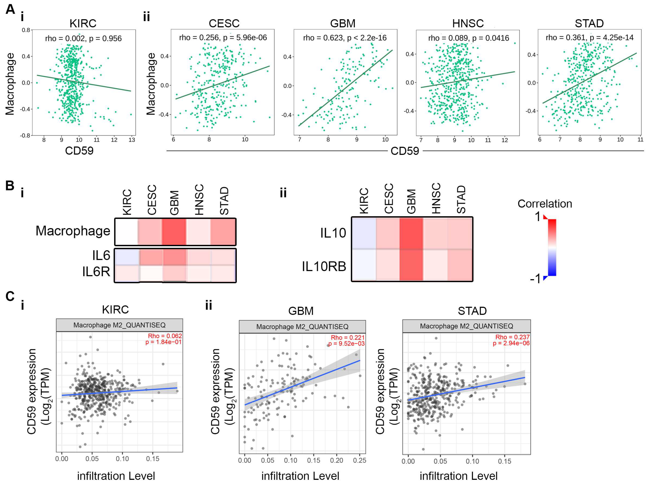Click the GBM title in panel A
(x=343, y=23)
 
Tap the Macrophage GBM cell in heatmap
(x=174, y=231)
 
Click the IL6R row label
(x=96, y=271)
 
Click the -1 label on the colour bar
(x=535, y=278)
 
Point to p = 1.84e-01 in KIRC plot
(x=163, y=342)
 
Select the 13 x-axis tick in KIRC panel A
(x=132, y=140)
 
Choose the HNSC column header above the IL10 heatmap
(x=436, y=198)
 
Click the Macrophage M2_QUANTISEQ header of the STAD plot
(x=466, y=326)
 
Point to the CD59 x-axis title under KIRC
(x=79, y=151)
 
